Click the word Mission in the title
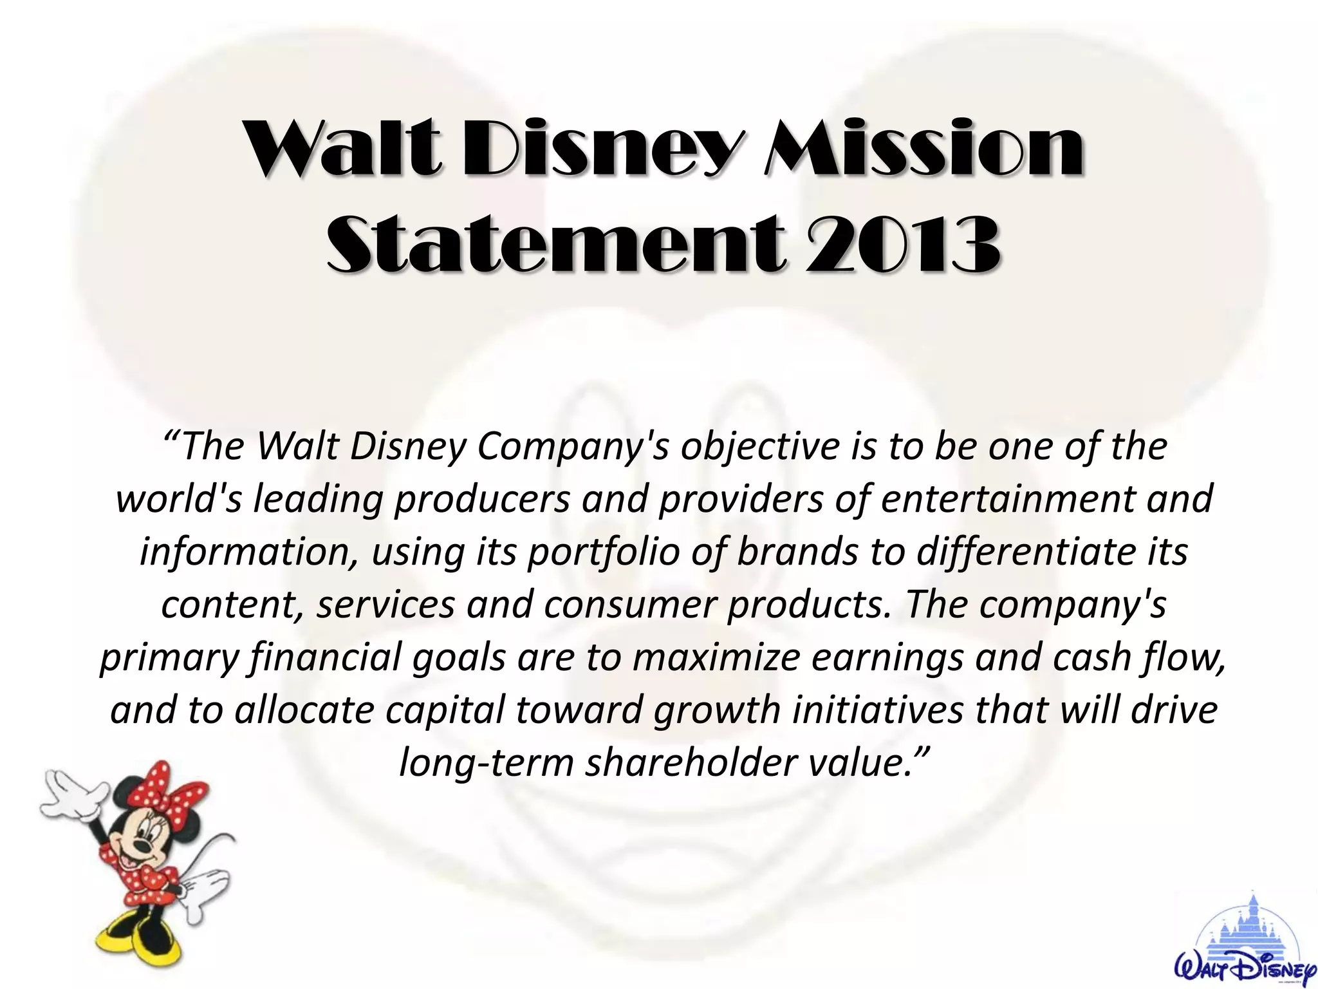click(924, 149)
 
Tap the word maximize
click(717, 657)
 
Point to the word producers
click(482, 499)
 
